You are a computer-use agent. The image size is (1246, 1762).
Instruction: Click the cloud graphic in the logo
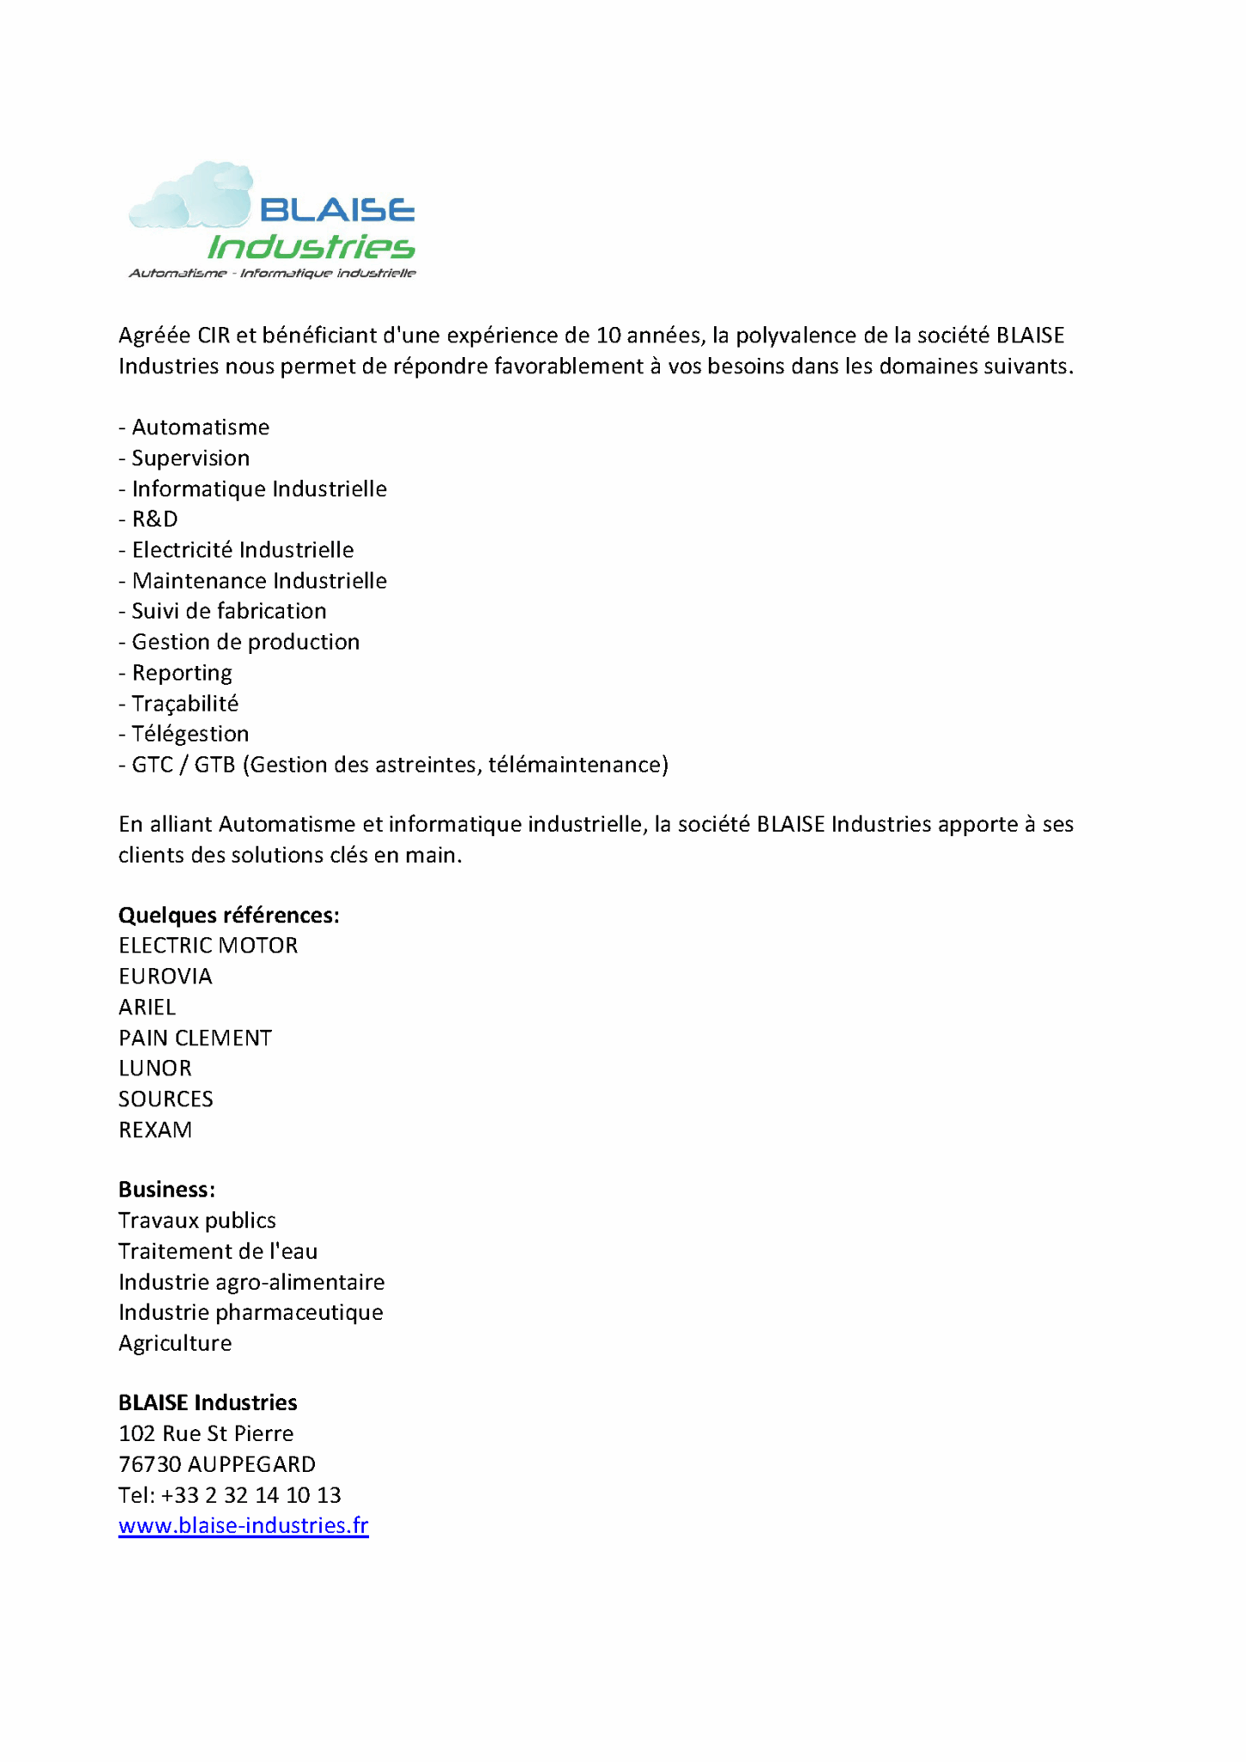pos(191,198)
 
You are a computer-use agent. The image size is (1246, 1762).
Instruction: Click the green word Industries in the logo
pos(311,248)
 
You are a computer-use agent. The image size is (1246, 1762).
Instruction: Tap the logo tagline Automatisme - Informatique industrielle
pos(272,274)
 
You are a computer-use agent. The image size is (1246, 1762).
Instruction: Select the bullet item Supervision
pos(190,458)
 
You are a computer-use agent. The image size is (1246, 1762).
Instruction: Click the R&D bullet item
pos(154,519)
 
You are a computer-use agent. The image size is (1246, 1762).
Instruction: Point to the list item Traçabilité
pos(184,704)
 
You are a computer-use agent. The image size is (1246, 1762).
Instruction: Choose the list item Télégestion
pos(189,734)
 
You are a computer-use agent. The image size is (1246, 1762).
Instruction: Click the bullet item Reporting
pos(182,673)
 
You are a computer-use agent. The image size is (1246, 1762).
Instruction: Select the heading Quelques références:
pos(229,915)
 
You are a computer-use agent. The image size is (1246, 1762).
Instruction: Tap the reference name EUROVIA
pos(165,976)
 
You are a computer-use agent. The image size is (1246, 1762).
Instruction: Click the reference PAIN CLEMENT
pos(195,1038)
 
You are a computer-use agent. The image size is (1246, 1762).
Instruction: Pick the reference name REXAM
pos(156,1131)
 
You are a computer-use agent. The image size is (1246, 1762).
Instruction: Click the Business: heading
pos(167,1190)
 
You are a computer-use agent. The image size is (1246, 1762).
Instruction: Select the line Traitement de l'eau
pos(218,1252)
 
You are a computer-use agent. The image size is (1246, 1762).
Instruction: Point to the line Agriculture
pos(176,1344)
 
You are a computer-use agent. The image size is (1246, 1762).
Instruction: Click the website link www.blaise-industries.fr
pos(244,1526)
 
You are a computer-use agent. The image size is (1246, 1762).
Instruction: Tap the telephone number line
pos(230,1495)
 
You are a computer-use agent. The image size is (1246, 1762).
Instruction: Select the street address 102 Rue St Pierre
pos(207,1433)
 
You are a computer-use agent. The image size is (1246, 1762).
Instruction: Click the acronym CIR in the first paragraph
pos(213,336)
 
